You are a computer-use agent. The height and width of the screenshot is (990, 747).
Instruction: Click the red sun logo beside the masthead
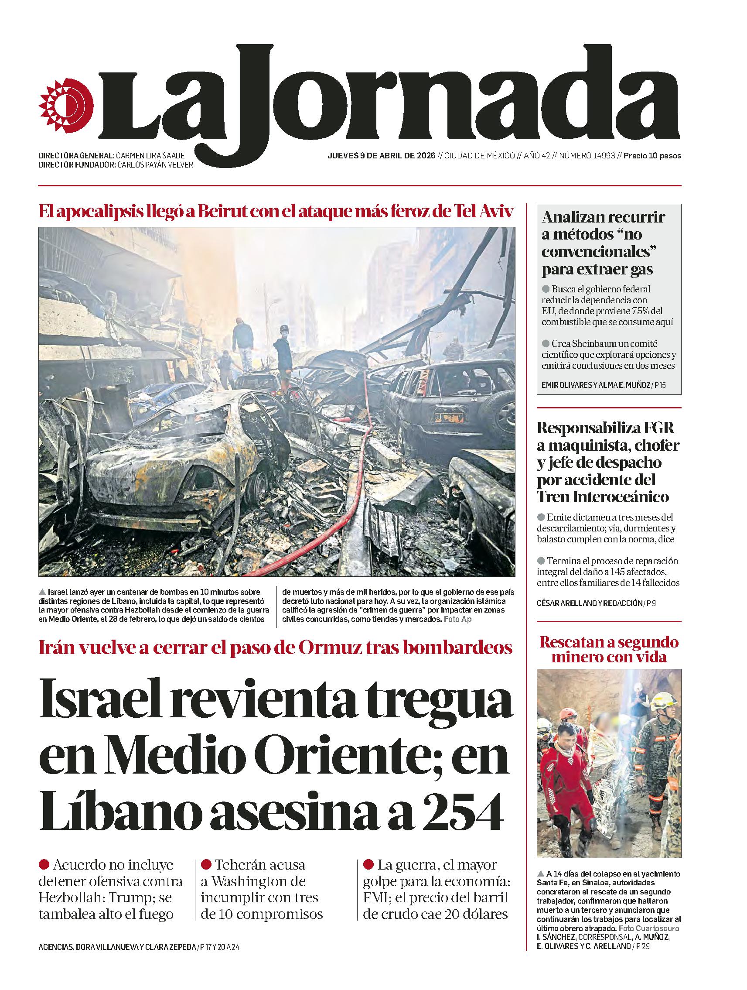tap(66, 104)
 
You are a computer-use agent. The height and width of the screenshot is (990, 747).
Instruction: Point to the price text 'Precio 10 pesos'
tap(652, 156)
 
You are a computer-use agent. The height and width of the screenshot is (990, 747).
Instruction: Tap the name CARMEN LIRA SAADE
tap(150, 156)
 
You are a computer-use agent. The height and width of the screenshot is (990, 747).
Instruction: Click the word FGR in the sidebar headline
tap(657, 428)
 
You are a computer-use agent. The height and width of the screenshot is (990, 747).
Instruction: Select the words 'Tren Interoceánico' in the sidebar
tap(603, 497)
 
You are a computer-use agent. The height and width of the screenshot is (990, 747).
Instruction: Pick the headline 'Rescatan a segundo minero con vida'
tap(609, 649)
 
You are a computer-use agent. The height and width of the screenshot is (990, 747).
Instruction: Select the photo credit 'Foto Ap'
tap(457, 619)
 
